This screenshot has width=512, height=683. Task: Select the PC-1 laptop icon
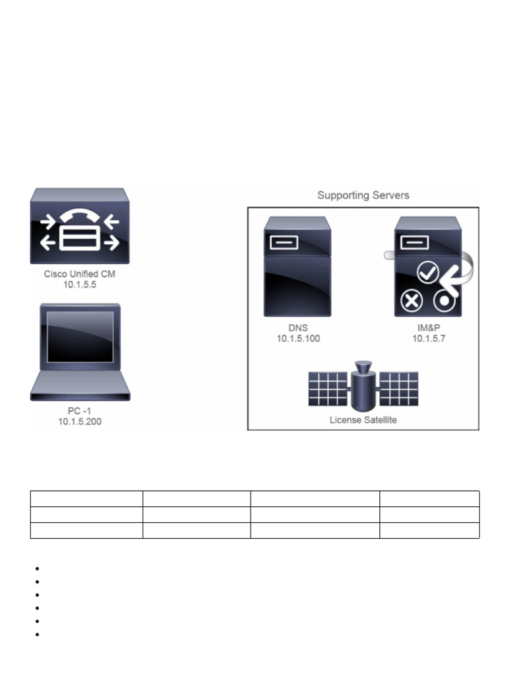(80, 352)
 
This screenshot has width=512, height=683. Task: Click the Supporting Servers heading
(363, 195)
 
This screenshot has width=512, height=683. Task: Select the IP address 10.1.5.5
(80, 285)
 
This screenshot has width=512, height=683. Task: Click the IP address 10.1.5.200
(80, 422)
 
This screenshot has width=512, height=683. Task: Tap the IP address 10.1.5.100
(299, 339)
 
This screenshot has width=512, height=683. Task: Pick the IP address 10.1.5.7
(427, 339)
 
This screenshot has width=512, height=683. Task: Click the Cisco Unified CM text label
(80, 274)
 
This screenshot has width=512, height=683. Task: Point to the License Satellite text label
(363, 420)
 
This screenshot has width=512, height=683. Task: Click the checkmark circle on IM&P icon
(426, 273)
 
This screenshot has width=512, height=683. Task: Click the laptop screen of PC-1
(80, 336)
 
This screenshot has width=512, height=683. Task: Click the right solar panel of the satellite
(398, 389)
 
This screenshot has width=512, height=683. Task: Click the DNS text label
(299, 329)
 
